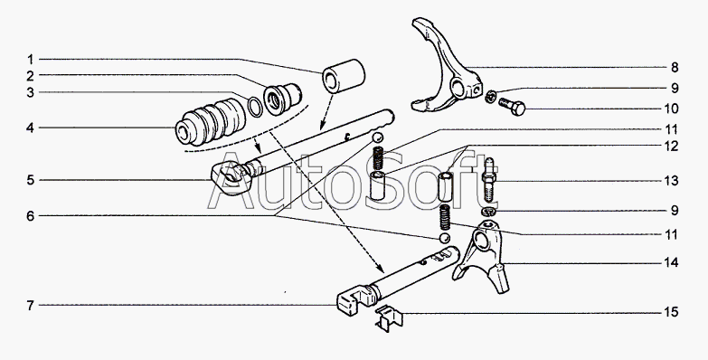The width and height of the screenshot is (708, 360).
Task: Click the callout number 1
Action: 30,59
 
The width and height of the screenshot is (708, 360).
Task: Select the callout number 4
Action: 30,128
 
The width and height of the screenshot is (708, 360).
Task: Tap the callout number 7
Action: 30,306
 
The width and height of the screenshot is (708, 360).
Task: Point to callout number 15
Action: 672,312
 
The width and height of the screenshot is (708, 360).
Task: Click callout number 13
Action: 672,181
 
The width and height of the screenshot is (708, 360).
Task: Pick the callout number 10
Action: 672,109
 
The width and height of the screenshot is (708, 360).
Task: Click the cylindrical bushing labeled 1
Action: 344,76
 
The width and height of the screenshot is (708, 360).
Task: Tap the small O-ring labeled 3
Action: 256,106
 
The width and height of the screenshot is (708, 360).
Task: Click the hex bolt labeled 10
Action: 512,106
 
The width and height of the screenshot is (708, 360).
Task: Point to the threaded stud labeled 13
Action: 490,180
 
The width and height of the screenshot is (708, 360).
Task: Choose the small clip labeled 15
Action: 388,319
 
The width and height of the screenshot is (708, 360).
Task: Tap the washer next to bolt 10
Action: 491,96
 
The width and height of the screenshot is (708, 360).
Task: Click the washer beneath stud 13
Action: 489,211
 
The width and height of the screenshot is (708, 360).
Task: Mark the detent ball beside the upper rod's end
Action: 377,137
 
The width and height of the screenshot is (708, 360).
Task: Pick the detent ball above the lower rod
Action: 445,238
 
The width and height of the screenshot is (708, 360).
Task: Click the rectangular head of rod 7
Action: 351,298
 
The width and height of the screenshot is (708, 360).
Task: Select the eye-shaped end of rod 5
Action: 229,177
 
